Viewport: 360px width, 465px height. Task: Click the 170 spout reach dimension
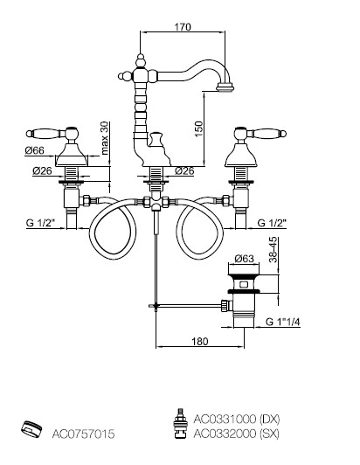(x=183, y=27)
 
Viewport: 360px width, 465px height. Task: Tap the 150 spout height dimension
(x=198, y=128)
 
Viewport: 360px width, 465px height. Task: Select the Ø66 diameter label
(x=34, y=150)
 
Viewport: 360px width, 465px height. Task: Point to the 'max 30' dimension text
(x=105, y=138)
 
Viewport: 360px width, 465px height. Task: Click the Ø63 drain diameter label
(x=245, y=259)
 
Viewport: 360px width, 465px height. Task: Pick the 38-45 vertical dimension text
(x=273, y=249)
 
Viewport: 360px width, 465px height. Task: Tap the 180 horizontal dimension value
(x=200, y=342)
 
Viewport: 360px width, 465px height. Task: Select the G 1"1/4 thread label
(x=283, y=322)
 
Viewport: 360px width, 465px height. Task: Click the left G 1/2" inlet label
(x=40, y=223)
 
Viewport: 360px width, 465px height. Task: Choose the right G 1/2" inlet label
(x=272, y=223)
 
